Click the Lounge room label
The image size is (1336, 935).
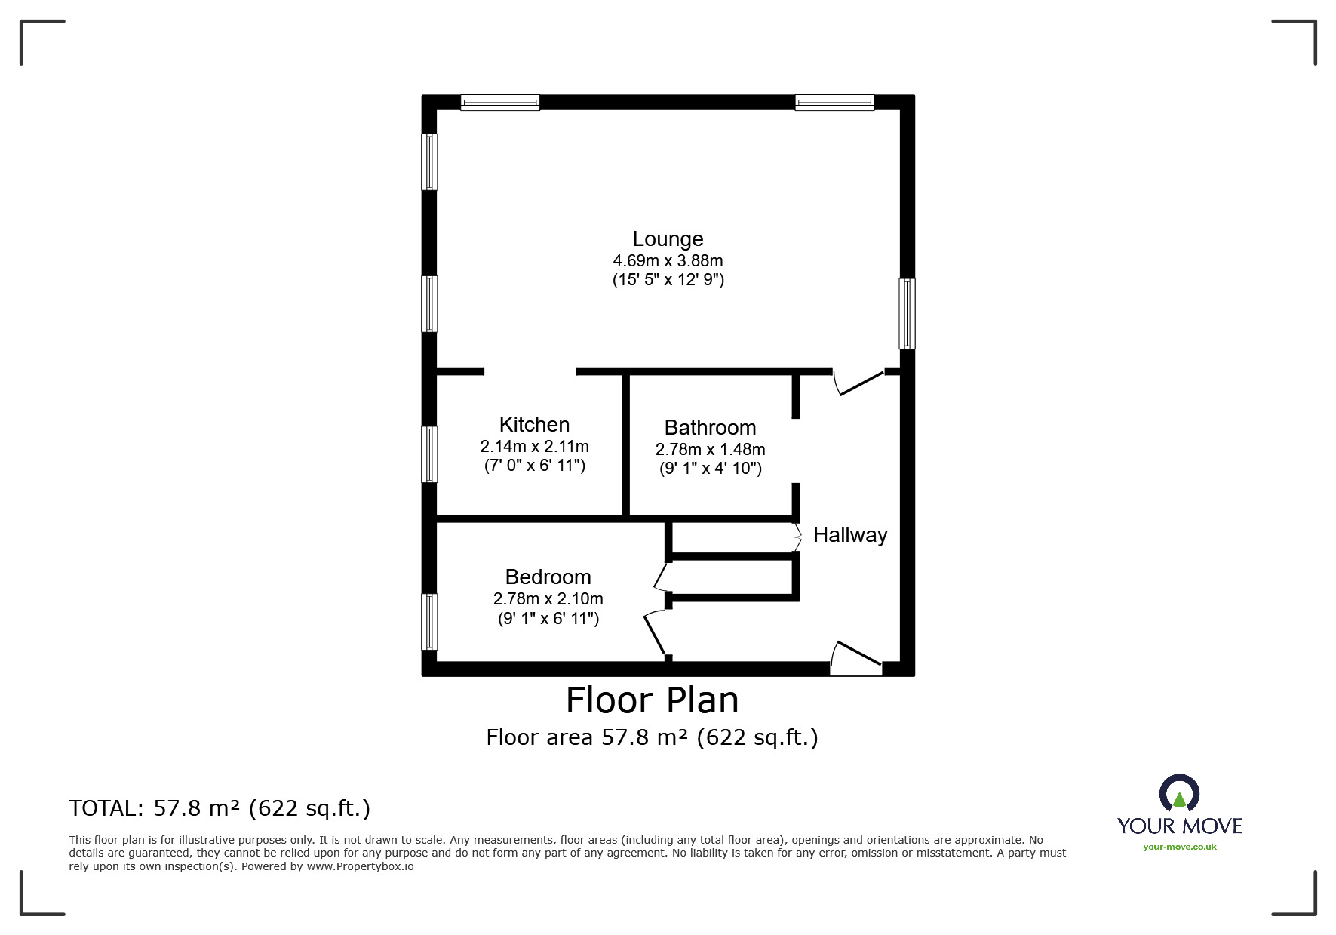(x=668, y=239)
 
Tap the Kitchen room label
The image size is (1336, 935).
(x=534, y=424)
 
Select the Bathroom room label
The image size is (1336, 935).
(x=710, y=427)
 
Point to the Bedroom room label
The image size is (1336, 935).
(x=548, y=577)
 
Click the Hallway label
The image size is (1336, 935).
(x=850, y=535)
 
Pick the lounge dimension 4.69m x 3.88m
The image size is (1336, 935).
(x=668, y=261)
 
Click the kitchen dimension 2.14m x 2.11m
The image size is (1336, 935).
(x=534, y=446)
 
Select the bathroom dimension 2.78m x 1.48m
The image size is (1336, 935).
(x=710, y=449)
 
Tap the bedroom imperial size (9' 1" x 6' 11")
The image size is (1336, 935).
(x=548, y=619)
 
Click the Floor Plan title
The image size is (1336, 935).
(x=653, y=700)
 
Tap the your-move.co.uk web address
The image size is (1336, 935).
(x=1180, y=847)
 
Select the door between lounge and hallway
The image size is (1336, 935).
(x=858, y=381)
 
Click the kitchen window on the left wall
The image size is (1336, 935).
(x=429, y=454)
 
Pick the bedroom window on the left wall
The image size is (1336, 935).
(x=429, y=622)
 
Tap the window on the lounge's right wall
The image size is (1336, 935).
(x=907, y=314)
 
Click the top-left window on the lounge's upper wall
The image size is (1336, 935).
(x=500, y=103)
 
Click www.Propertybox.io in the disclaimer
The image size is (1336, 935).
(x=360, y=866)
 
